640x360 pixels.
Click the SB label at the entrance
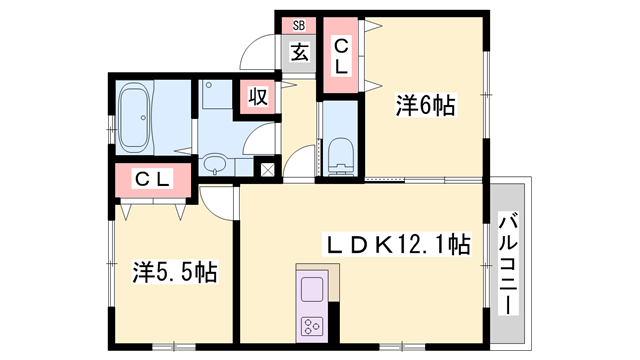tap(298, 25)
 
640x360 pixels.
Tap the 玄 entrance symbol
tap(298, 51)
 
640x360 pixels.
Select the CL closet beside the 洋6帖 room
tap(340, 56)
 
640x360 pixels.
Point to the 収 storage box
tap(256, 97)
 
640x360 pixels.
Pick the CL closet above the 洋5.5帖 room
tap(151, 181)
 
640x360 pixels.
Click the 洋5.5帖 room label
tap(175, 270)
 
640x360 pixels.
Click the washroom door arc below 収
tap(257, 137)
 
